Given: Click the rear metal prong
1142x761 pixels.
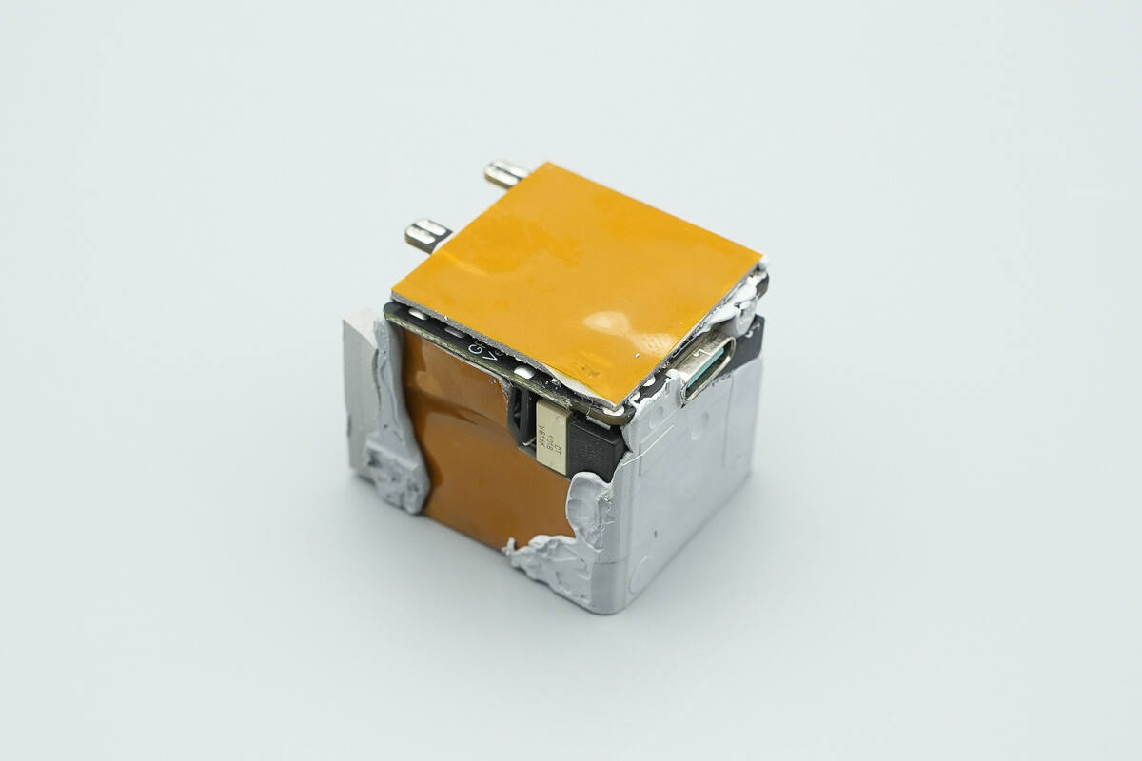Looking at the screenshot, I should click(504, 173).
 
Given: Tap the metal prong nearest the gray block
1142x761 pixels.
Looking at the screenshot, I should click(427, 233).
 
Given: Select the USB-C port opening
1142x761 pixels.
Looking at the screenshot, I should click(708, 366).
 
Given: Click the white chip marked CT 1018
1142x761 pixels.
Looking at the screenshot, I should click(552, 437).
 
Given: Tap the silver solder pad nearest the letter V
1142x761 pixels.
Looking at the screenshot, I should click(522, 373).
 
